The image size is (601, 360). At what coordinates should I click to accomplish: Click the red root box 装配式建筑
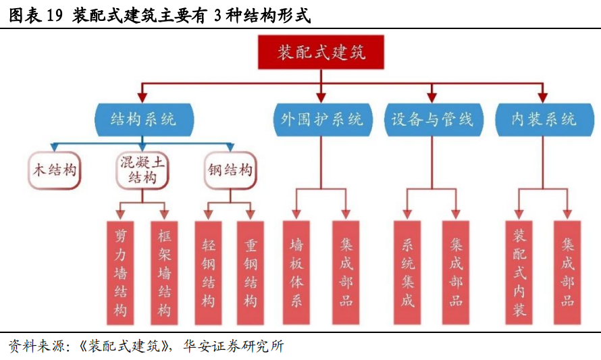(321, 53)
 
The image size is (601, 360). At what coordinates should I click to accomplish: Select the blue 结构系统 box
(143, 120)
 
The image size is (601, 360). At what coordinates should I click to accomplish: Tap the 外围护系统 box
(321, 120)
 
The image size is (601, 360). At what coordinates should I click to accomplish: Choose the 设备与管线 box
(432, 120)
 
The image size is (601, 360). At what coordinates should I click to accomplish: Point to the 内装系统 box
(543, 120)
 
